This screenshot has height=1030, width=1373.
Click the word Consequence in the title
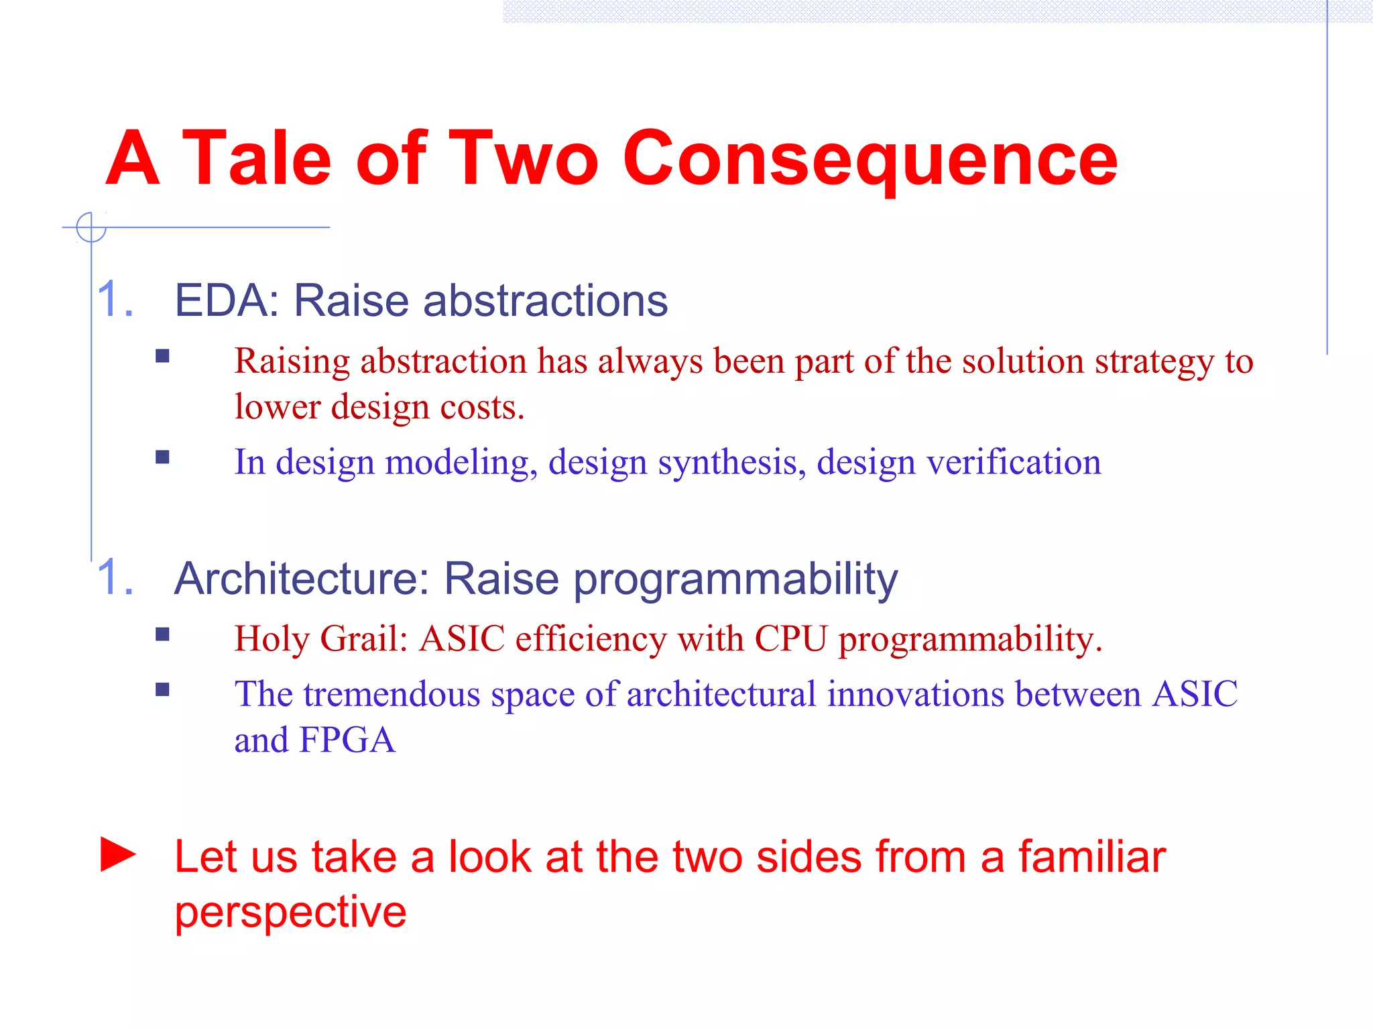pos(870,160)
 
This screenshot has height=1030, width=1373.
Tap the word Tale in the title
pos(257,158)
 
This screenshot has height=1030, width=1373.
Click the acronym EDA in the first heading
pos(222,300)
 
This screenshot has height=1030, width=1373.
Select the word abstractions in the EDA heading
pos(545,300)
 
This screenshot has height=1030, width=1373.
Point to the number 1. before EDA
pos(115,299)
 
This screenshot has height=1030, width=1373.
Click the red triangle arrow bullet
pos(118,855)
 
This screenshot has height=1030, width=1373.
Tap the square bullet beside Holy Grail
pos(162,634)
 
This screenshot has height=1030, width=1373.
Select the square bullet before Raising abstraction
pos(162,356)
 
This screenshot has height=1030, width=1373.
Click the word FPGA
pos(347,740)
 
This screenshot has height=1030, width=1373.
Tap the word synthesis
pos(727,463)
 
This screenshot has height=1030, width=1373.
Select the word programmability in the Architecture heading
pos(735,579)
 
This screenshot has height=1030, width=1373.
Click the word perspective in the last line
pos(290,912)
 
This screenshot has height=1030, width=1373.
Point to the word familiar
pos(1092,857)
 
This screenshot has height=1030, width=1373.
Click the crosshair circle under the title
pos(91,227)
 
